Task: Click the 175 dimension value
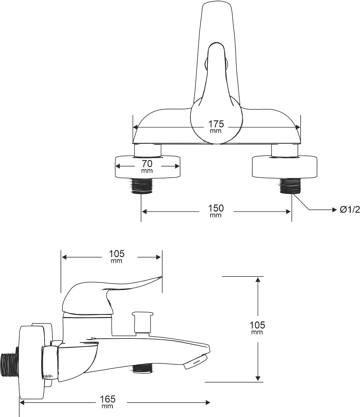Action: tap(216, 124)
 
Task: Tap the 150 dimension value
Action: tap(216, 208)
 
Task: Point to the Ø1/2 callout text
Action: tap(350, 210)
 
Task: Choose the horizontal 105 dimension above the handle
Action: tap(117, 254)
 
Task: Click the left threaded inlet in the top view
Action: tap(141, 186)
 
